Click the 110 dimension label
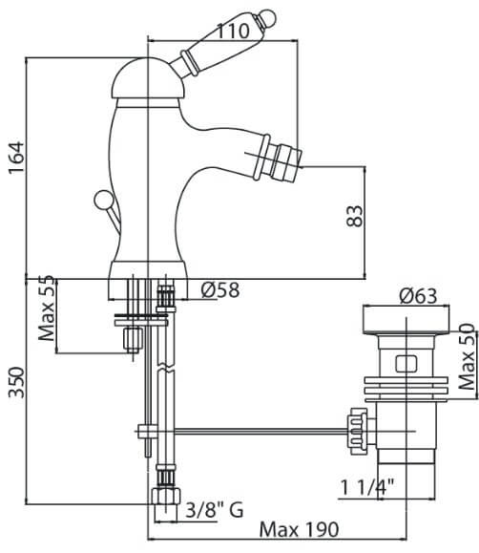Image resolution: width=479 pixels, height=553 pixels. (x=232, y=31)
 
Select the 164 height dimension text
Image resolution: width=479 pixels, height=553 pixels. (x=16, y=158)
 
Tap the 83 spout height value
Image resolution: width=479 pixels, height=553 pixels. (x=354, y=216)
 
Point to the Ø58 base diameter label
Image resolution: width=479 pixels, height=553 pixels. (x=220, y=290)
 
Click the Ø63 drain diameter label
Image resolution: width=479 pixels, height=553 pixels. (x=418, y=296)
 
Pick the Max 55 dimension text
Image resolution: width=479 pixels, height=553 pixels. (x=47, y=308)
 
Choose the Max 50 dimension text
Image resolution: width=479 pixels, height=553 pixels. (x=468, y=356)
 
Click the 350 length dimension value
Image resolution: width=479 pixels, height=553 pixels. (x=16, y=382)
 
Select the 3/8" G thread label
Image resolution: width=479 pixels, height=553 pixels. (x=215, y=510)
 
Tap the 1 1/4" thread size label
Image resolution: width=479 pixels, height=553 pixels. (x=367, y=488)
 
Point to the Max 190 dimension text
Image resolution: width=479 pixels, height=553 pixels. (x=299, y=529)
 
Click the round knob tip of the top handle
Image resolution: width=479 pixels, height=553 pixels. (x=267, y=16)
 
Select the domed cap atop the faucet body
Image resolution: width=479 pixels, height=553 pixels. (x=146, y=78)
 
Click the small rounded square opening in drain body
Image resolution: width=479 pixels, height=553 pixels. (x=406, y=364)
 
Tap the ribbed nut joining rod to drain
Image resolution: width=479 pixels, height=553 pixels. (x=358, y=431)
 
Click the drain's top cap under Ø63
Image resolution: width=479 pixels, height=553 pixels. (x=406, y=321)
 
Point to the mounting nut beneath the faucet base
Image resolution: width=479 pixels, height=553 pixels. (x=134, y=339)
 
